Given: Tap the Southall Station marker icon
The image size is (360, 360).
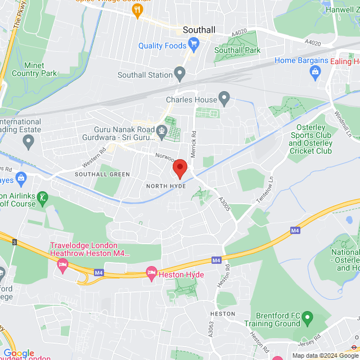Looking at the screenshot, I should (x=180, y=73).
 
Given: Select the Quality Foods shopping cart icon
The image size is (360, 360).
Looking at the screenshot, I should (x=194, y=44).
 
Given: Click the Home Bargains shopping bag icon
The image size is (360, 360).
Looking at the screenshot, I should (x=314, y=71).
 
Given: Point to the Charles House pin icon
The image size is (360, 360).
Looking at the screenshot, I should (x=224, y=100).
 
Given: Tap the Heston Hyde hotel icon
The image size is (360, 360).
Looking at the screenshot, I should (x=151, y=273).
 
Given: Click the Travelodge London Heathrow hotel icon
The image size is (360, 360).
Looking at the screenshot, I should (x=62, y=264).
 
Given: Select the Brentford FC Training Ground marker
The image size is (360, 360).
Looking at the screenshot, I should (x=307, y=318).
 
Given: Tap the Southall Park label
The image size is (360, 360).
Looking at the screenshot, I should (x=237, y=51).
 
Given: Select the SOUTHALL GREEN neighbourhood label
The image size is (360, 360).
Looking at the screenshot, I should (x=102, y=174).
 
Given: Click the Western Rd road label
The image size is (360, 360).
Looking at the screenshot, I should (x=94, y=157).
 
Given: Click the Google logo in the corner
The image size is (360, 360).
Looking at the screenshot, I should (x=19, y=353).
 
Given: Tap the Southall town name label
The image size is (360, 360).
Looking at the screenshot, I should (x=200, y=30).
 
